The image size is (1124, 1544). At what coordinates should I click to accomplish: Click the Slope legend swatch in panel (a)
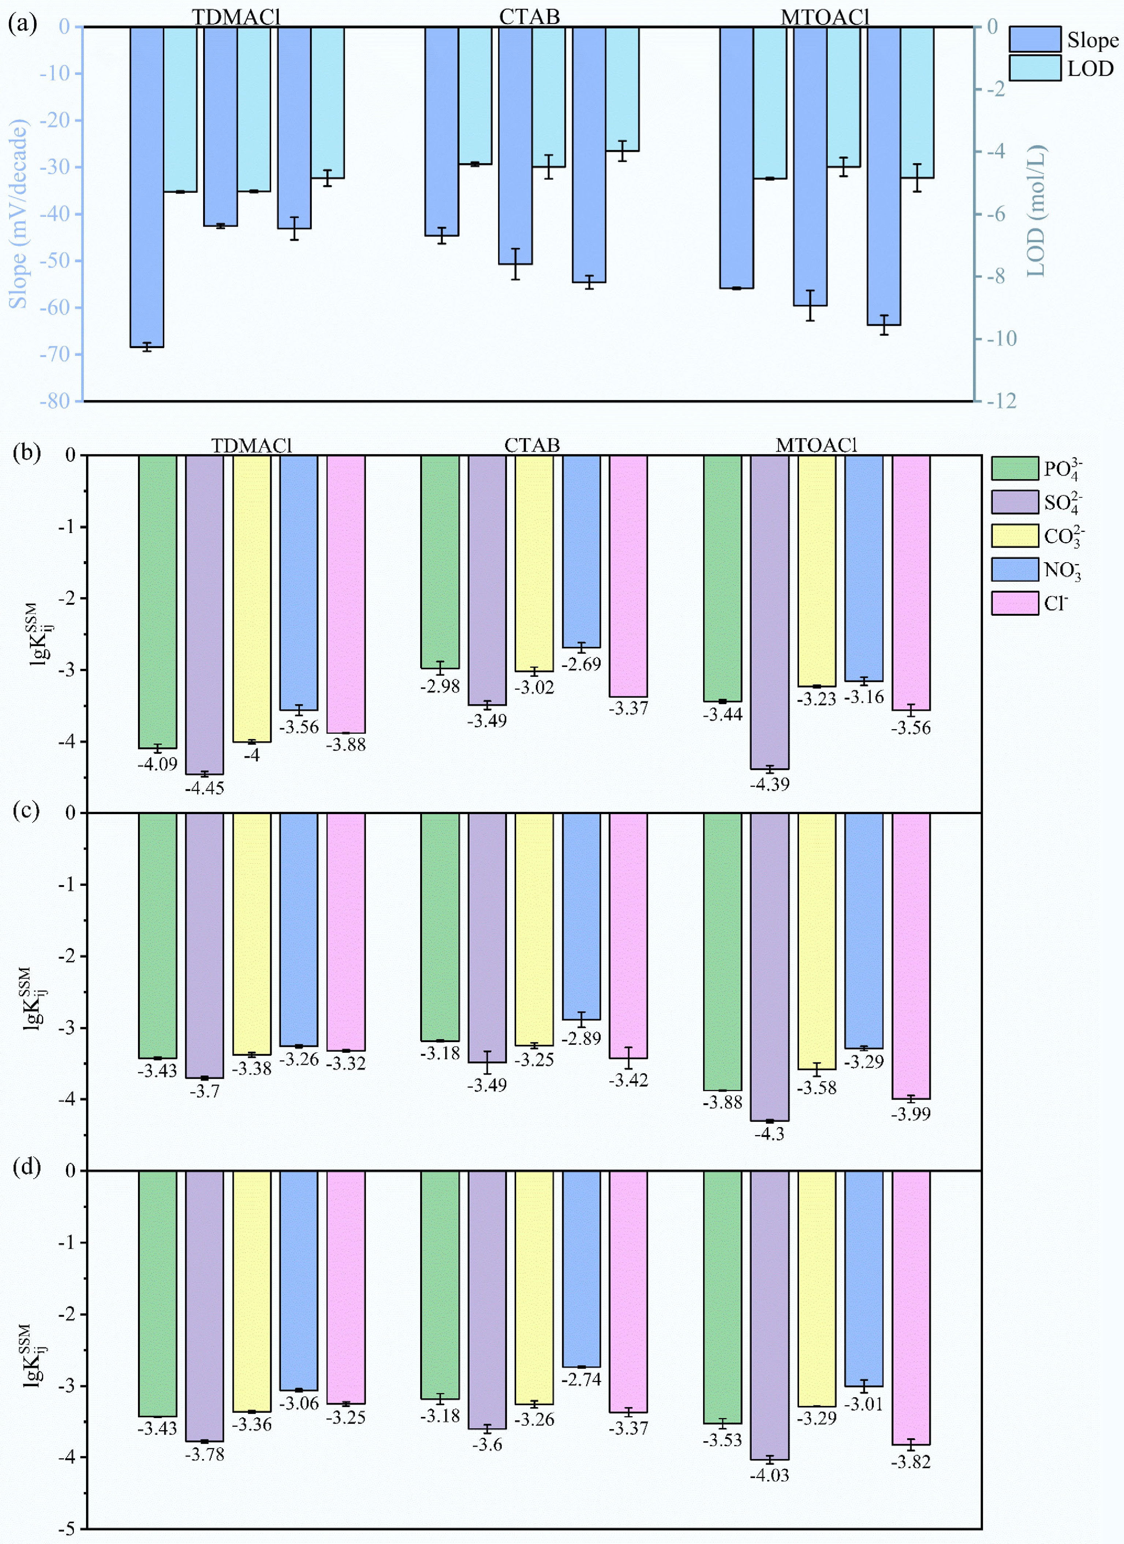1034,40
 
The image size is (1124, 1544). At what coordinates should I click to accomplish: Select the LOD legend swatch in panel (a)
1034,68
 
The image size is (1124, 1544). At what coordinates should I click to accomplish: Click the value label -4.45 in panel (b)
204,788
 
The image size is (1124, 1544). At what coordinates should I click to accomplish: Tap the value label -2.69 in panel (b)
582,664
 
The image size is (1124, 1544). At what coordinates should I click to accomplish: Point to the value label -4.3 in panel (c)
769,1134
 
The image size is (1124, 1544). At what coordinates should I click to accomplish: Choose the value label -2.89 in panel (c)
582,1038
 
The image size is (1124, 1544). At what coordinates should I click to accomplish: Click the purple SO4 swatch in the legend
1015,503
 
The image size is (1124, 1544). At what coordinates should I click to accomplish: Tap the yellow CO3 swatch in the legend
1015,536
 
